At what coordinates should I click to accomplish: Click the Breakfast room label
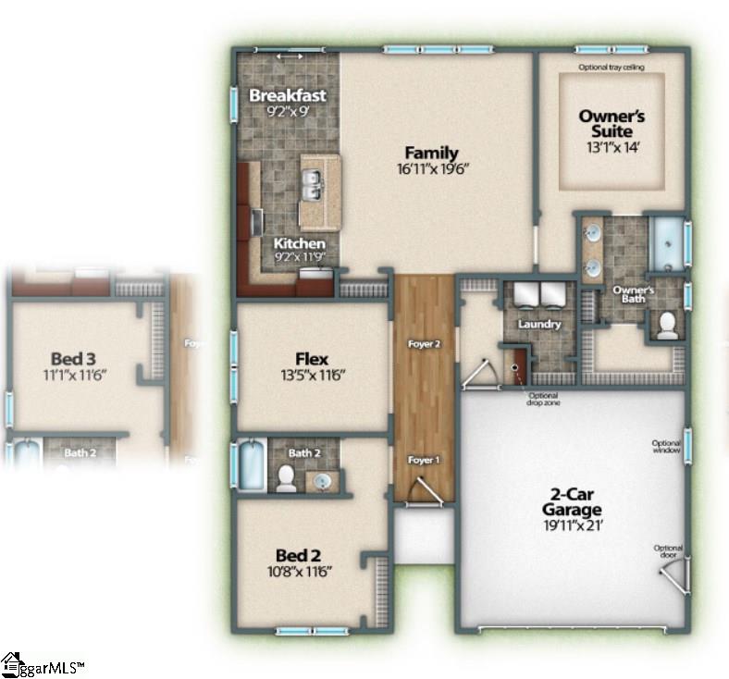pyautogui.click(x=288, y=95)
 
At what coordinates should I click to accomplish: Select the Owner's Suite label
pyautogui.click(x=612, y=123)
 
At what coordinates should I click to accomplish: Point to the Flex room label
pyautogui.click(x=311, y=359)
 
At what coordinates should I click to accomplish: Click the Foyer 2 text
pyautogui.click(x=424, y=345)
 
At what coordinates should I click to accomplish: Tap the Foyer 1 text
pyautogui.click(x=424, y=460)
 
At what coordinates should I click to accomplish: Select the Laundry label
pyautogui.click(x=538, y=325)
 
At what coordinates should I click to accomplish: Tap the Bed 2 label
pyautogui.click(x=298, y=555)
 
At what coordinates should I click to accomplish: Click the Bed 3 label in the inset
pyautogui.click(x=74, y=358)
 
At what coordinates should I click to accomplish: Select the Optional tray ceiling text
pyautogui.click(x=611, y=68)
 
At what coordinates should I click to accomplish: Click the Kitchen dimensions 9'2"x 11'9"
pyautogui.click(x=299, y=257)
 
